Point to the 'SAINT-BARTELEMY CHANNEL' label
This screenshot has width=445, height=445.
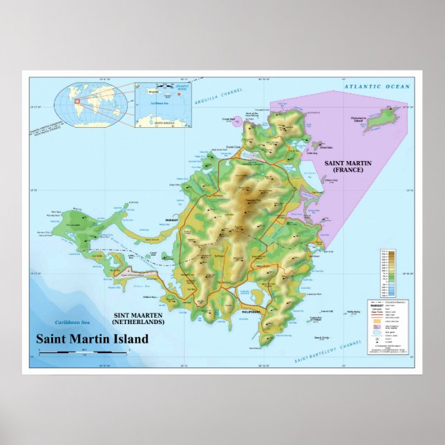328,351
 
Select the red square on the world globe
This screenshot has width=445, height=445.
77,102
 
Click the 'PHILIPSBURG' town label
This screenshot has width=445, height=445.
251,312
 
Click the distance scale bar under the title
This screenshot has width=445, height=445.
83,352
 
